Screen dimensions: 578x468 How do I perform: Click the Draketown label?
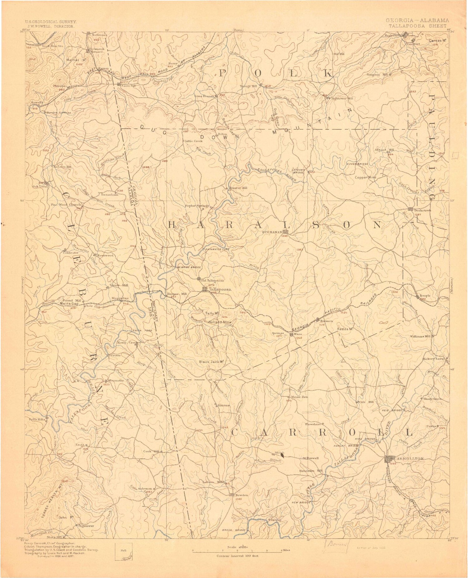point(422,210)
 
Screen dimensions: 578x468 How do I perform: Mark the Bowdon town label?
point(242,495)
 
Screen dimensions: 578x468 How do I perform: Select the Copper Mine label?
point(365,177)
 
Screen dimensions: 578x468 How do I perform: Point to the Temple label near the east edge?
point(425,296)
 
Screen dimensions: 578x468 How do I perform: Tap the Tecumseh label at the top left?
point(100,35)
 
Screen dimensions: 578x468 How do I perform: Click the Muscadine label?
point(120,298)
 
